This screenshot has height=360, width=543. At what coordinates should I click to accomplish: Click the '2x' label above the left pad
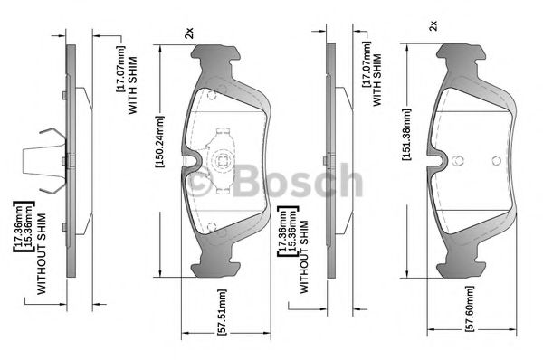pyautogui.click(x=189, y=33)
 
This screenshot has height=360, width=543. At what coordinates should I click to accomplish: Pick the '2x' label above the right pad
pyautogui.click(x=433, y=24)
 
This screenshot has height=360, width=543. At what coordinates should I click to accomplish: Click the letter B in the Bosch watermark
pyautogui.click(x=247, y=182)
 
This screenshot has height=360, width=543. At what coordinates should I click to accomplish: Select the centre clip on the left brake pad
pyautogui.click(x=220, y=159)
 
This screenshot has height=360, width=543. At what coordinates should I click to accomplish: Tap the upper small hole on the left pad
pyautogui.click(x=211, y=93)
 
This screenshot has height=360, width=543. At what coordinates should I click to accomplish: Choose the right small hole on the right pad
pyautogui.click(x=495, y=160)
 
